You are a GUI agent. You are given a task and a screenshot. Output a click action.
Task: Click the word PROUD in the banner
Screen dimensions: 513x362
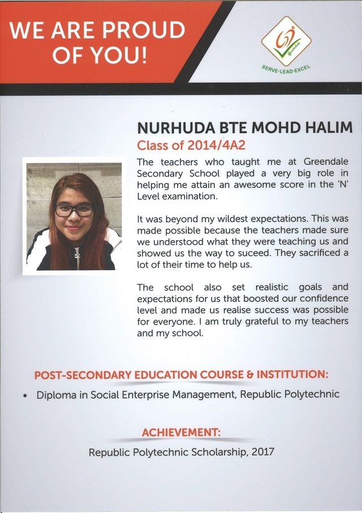click(144, 30)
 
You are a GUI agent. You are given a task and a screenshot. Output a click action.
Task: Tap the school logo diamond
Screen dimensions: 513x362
click(286, 41)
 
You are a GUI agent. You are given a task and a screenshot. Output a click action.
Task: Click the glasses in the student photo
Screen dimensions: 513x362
click(74, 210)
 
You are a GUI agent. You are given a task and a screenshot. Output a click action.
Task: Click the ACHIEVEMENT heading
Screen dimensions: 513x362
click(181, 433)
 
